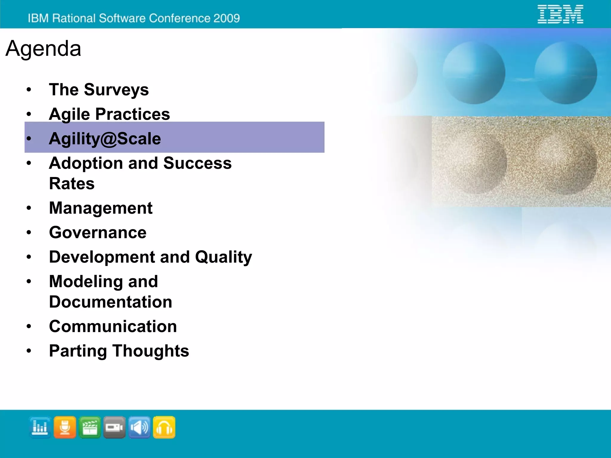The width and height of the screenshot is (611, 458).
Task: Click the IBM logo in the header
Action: point(560,14)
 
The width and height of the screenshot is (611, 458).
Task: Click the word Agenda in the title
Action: point(43,48)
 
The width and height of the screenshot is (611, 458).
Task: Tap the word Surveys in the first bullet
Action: point(116,90)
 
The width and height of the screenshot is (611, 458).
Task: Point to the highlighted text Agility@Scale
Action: point(105,139)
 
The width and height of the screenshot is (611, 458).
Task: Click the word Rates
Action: point(72,183)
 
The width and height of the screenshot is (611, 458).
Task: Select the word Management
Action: point(101,208)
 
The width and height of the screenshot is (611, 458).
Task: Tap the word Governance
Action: point(98,232)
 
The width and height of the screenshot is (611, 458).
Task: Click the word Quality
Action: point(223,257)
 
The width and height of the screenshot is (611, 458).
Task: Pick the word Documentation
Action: point(110,302)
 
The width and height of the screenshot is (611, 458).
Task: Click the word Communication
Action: point(113,326)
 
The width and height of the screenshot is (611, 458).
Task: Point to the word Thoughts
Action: point(151,351)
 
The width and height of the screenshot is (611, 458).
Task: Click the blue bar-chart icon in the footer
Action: point(40,428)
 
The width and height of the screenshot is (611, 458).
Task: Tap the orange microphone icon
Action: point(65,428)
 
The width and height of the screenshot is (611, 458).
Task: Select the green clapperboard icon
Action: point(90,428)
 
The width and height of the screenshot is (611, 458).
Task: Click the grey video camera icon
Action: point(115,428)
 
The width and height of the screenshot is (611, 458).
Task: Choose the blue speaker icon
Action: point(139,428)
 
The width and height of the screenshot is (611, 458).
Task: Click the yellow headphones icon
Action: point(164,428)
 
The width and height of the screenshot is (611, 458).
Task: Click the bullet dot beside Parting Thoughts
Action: point(29,351)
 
